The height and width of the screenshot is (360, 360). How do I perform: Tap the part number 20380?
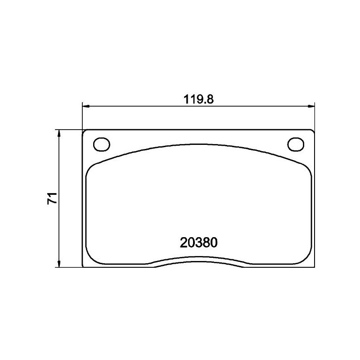tap(198, 243)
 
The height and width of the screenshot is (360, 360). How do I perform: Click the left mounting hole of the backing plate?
tap(101, 144)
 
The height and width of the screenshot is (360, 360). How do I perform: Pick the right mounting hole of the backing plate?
tap(296, 144)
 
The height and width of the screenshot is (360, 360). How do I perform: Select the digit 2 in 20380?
tap(184, 243)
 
